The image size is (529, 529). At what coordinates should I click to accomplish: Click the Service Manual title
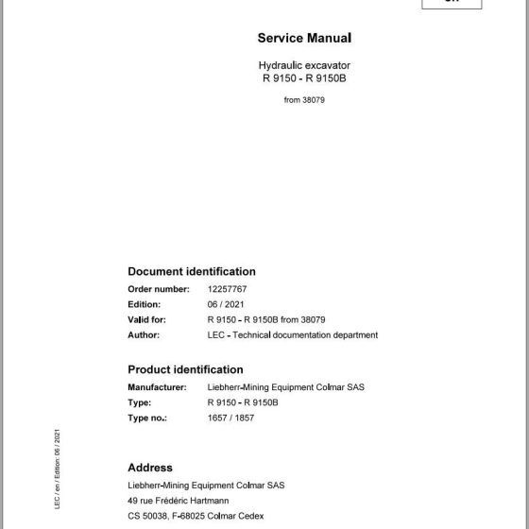304,39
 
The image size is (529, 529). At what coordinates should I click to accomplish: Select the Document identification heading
192,271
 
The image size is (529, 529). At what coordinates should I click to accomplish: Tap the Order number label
159,288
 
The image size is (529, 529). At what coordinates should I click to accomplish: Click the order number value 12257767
227,288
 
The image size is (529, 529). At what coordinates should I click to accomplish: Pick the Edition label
144,304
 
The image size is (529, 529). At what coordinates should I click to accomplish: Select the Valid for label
148,319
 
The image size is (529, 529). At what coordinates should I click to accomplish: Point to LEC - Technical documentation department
292,334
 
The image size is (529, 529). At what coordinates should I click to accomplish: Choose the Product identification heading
185,369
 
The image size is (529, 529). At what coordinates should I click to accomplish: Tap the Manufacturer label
158,387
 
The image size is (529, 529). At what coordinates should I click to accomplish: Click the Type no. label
147,418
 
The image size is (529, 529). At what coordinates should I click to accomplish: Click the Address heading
150,468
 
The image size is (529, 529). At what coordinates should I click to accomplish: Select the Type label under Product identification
139,402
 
